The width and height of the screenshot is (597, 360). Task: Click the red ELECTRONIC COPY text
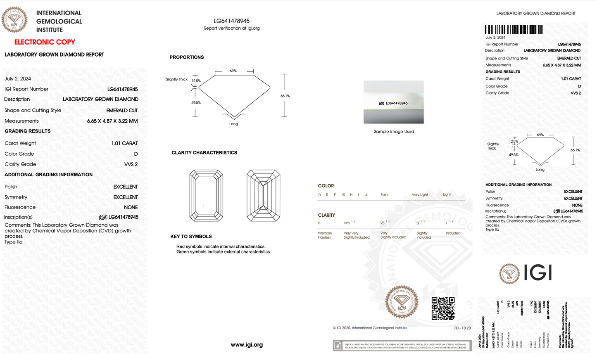45,42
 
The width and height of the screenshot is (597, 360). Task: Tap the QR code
443,308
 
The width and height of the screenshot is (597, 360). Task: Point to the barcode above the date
514,30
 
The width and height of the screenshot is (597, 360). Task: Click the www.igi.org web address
247,345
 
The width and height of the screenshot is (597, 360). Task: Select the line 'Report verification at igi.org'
231,28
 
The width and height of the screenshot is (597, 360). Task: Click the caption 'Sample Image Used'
394,132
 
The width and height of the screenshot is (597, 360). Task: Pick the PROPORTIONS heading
187,57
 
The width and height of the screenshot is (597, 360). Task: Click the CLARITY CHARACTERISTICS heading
204,153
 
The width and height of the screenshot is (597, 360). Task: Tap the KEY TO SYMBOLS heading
191,237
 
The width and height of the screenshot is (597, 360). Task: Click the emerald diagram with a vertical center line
263,195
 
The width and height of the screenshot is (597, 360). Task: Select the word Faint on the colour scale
385,194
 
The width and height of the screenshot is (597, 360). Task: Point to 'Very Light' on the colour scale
420,194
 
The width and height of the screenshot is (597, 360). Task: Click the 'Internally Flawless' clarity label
325,235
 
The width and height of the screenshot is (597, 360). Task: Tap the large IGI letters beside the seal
538,272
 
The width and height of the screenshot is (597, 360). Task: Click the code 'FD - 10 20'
462,328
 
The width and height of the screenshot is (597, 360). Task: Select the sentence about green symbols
224,252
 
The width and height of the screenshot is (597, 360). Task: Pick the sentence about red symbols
221,246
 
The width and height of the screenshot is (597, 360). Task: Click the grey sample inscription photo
393,102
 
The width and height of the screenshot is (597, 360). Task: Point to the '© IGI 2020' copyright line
370,328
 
